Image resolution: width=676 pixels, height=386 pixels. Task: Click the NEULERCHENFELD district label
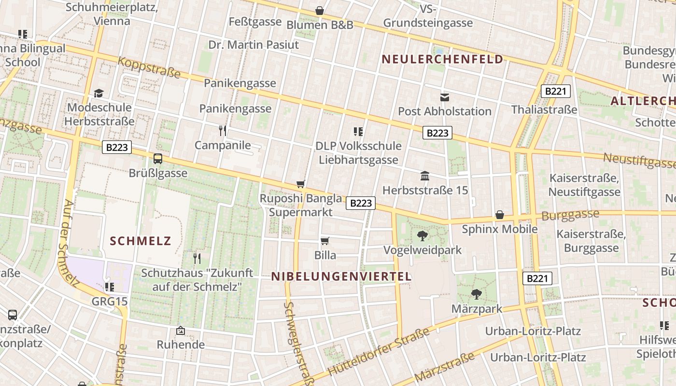442,59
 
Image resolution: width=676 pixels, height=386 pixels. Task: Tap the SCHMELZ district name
141,241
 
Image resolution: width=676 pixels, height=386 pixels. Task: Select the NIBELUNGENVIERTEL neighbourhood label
341,276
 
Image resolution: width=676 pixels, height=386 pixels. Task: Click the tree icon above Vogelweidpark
422,236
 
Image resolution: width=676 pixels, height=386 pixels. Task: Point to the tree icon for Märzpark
477,294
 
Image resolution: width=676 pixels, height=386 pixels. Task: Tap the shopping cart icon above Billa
325,241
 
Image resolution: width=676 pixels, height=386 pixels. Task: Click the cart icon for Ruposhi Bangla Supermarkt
301,184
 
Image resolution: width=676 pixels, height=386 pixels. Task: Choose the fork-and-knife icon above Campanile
223,131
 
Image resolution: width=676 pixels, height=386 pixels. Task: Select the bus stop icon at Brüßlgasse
158,158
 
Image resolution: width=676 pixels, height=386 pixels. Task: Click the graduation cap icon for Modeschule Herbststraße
99,93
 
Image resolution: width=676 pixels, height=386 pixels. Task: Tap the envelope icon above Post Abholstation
445,97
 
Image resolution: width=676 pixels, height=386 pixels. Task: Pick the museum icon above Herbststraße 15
425,176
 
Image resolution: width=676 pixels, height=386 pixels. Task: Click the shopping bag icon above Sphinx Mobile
500,215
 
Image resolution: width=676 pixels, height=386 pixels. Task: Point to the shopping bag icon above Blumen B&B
320,11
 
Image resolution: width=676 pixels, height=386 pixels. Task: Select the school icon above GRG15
110,287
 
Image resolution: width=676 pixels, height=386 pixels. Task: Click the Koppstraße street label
149,68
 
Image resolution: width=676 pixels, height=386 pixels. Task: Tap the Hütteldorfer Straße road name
379,352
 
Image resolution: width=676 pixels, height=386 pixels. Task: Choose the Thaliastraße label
544,110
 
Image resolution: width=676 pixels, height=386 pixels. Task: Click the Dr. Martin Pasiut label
253,45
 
